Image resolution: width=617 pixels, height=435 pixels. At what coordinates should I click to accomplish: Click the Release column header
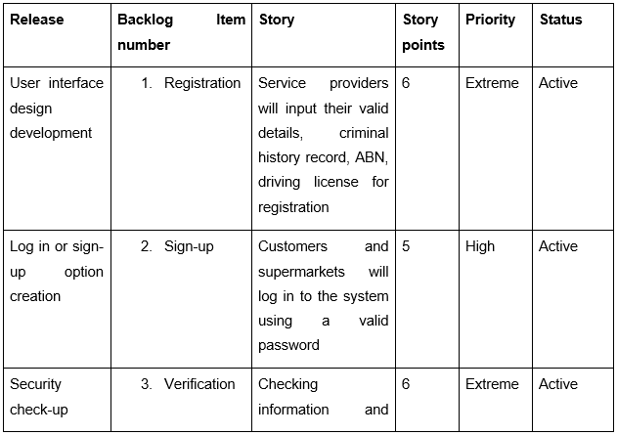click(x=36, y=20)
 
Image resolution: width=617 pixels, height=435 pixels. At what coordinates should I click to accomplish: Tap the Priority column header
click(x=490, y=20)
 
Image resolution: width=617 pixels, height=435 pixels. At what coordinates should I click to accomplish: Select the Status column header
click(x=560, y=20)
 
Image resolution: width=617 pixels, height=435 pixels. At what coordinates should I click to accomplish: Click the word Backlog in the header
click(x=145, y=21)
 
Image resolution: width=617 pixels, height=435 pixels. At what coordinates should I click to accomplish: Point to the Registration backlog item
click(x=202, y=83)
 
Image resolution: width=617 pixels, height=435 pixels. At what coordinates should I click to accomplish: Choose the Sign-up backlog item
click(x=189, y=247)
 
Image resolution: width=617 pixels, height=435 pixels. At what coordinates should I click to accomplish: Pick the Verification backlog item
click(x=199, y=384)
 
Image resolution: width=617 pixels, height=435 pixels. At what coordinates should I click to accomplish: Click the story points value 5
click(x=406, y=246)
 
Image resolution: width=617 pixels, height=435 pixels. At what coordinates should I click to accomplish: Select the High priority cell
click(x=480, y=247)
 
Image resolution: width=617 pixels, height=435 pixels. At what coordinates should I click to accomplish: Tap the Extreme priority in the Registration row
click(x=492, y=83)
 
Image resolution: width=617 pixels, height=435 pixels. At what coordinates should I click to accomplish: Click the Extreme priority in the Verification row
click(x=492, y=384)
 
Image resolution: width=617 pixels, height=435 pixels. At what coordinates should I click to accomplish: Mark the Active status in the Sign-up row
click(x=558, y=246)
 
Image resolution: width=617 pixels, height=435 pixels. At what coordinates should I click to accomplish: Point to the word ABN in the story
click(x=371, y=157)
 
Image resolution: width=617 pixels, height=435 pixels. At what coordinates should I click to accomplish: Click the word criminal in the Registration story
click(x=364, y=133)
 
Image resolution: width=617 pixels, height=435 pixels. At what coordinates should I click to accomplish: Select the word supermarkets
click(x=301, y=272)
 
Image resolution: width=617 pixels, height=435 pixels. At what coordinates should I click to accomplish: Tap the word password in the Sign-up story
click(x=288, y=346)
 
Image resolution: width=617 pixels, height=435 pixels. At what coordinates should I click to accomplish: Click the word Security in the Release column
click(x=35, y=384)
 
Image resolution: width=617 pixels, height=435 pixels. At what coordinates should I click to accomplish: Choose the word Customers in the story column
click(x=292, y=246)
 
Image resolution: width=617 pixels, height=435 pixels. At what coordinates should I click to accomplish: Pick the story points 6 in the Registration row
click(x=406, y=83)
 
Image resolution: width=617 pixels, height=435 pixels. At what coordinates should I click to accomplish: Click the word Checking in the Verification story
click(x=287, y=384)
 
